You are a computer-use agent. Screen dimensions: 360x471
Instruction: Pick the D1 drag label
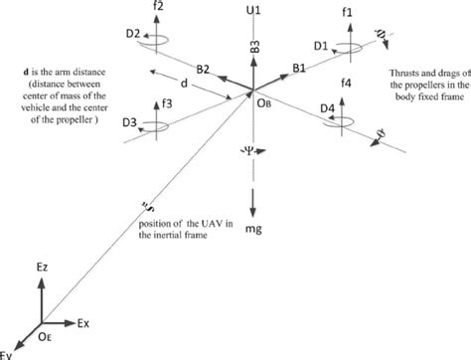tap(319, 46)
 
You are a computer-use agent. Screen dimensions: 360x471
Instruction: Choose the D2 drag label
tap(132, 34)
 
